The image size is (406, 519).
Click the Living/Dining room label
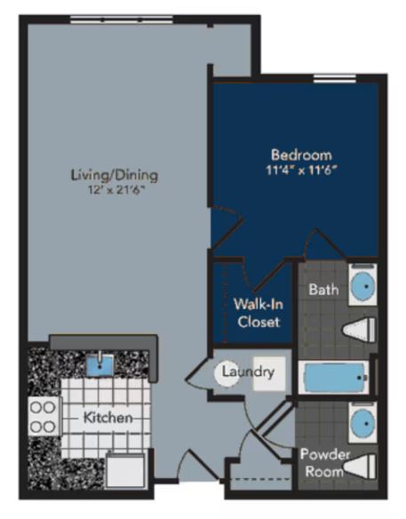(107, 174)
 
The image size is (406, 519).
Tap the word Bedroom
(300, 153)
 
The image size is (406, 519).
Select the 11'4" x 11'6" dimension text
(300, 168)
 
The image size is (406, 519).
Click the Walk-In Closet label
(258, 312)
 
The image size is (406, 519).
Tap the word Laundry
(249, 372)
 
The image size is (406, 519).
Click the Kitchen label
(107, 417)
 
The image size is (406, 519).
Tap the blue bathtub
(336, 379)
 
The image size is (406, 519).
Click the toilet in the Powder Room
(359, 465)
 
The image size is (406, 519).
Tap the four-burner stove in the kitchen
(44, 415)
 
